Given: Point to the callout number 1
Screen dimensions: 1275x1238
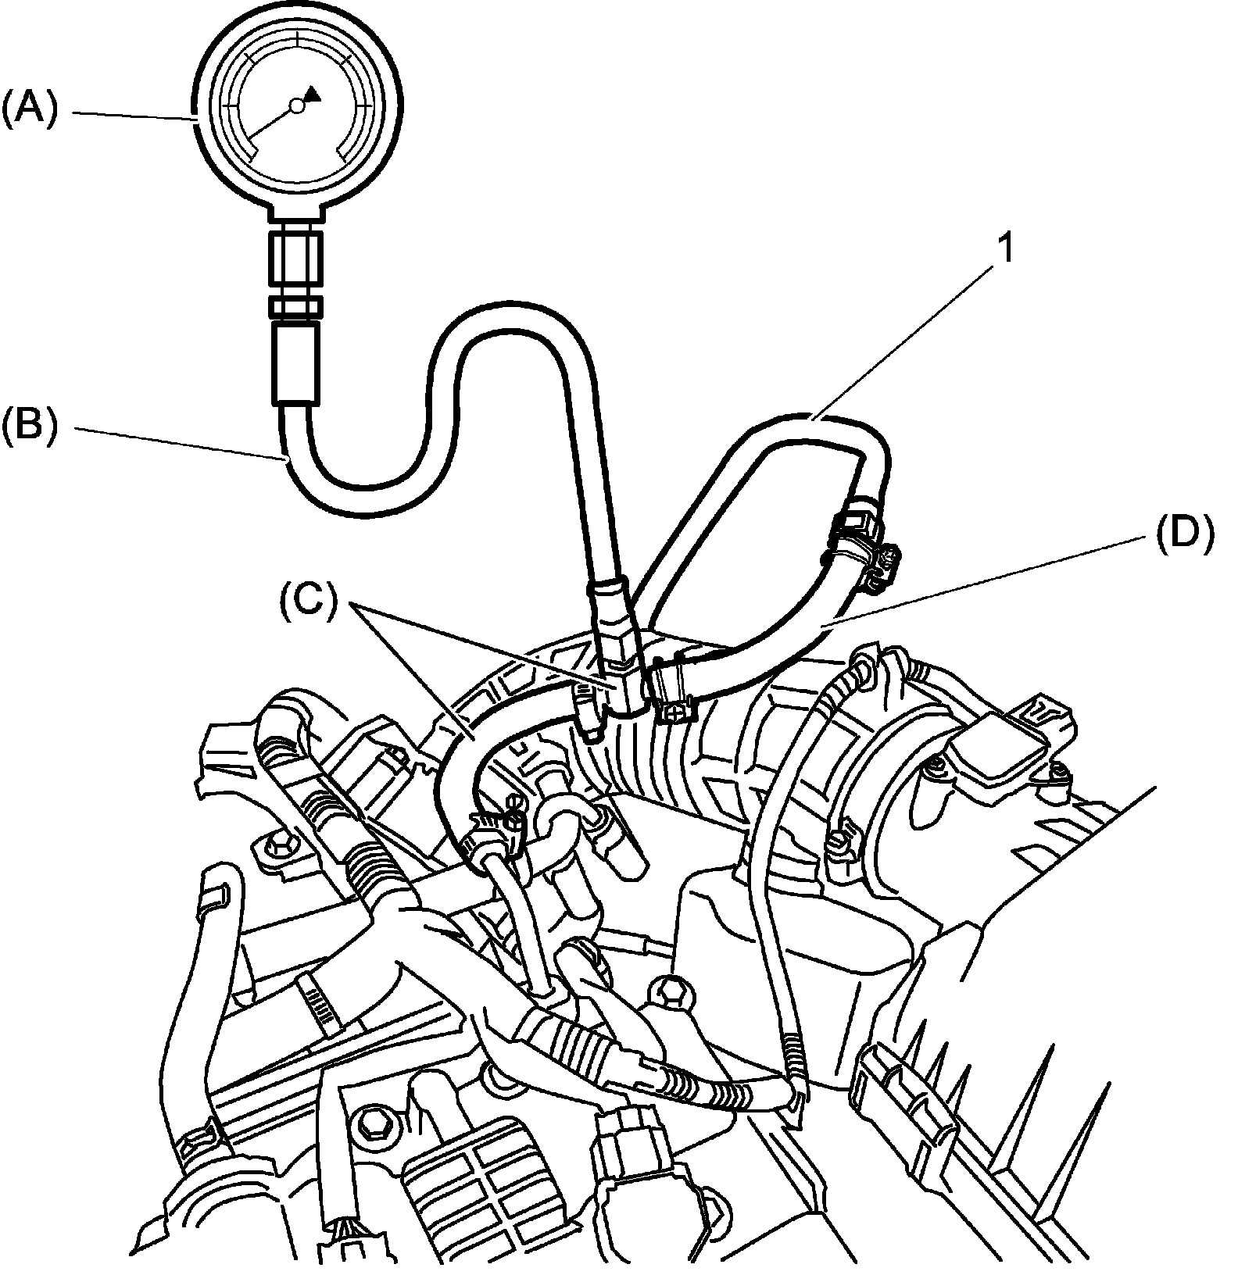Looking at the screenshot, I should click(x=1007, y=248).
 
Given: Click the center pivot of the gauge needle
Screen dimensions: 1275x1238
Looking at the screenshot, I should click(x=296, y=105).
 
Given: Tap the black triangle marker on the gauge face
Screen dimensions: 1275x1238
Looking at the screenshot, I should click(x=313, y=94).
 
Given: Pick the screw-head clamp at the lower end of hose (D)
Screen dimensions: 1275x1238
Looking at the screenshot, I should click(x=674, y=687).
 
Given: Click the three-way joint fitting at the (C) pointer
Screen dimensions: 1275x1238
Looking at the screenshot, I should click(x=621, y=684).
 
